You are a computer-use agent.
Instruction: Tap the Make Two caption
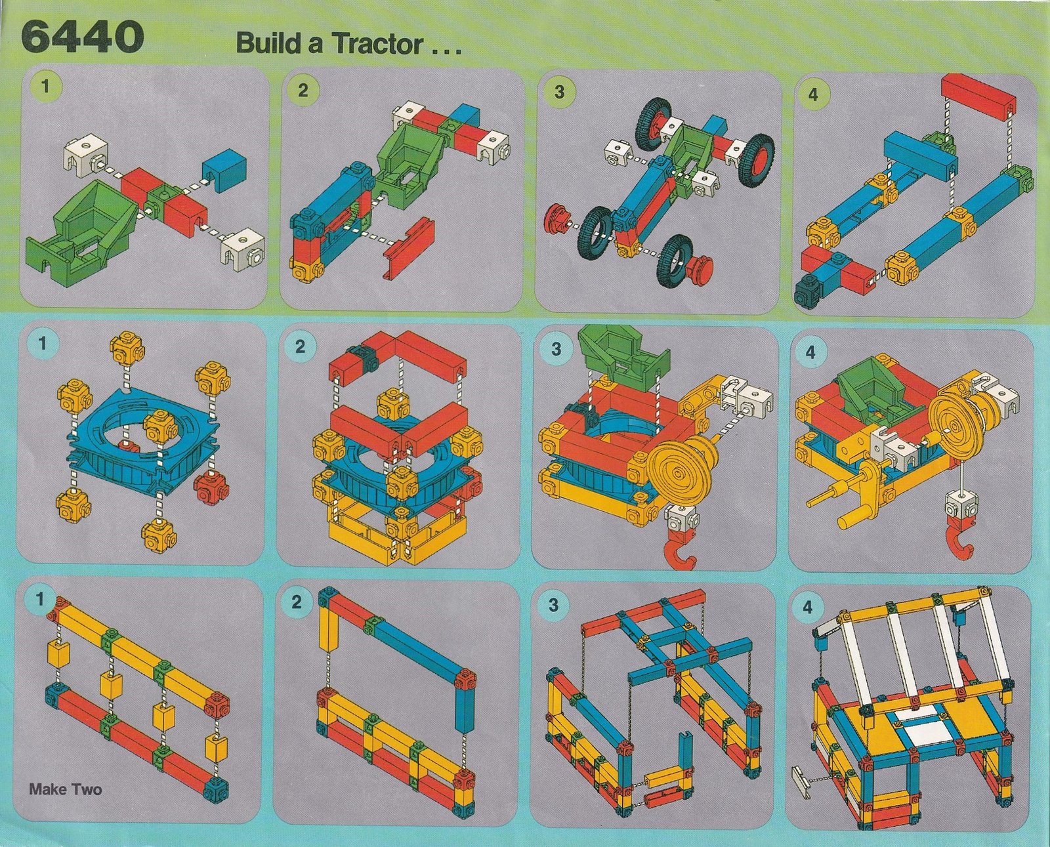66,789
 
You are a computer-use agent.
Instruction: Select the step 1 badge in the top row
45,87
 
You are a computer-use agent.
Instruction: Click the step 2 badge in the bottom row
296,603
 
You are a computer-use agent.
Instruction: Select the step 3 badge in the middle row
556,349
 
